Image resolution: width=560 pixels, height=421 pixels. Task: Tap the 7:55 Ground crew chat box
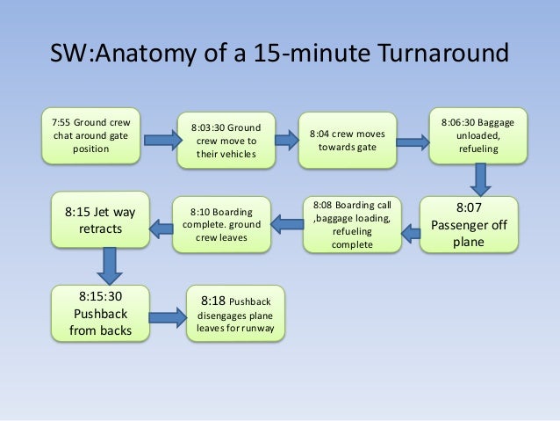pyautogui.click(x=91, y=135)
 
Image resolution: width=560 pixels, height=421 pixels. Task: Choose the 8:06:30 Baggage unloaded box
pyautogui.click(x=477, y=135)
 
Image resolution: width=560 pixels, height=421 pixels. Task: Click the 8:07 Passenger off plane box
pyautogui.click(x=469, y=224)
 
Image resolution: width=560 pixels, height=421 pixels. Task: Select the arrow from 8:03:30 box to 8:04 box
pyautogui.click(x=286, y=138)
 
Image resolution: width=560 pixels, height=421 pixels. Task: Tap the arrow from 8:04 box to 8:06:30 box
pyautogui.click(x=412, y=138)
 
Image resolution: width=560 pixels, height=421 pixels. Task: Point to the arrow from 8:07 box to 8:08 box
pyautogui.click(x=409, y=233)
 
